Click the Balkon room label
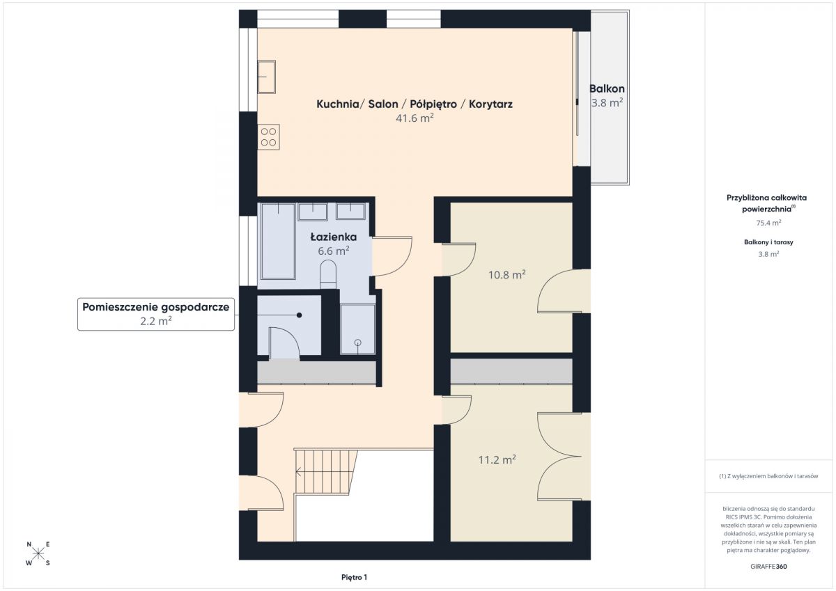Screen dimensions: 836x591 tap(607, 88)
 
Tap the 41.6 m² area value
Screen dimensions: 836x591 tap(415, 118)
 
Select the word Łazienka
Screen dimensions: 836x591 tap(334, 237)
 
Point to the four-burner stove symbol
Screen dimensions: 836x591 tap(268, 137)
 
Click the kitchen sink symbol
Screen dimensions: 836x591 tap(266, 77)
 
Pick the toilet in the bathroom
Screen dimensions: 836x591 tap(328, 274)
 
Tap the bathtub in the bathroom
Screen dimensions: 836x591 tap(279, 241)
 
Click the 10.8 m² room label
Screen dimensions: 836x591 tap(507, 275)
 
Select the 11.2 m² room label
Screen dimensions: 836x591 tap(497, 459)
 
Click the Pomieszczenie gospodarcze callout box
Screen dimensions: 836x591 tap(156, 314)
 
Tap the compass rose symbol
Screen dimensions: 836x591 tap(38, 553)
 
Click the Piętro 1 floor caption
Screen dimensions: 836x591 tap(354, 577)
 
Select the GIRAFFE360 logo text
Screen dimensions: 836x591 tap(768, 567)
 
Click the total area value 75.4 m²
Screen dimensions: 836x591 tap(768, 223)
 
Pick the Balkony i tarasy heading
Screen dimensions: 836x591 tap(768, 242)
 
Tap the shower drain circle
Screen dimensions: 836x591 tap(357, 342)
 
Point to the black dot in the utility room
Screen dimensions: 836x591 tap(299, 315)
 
